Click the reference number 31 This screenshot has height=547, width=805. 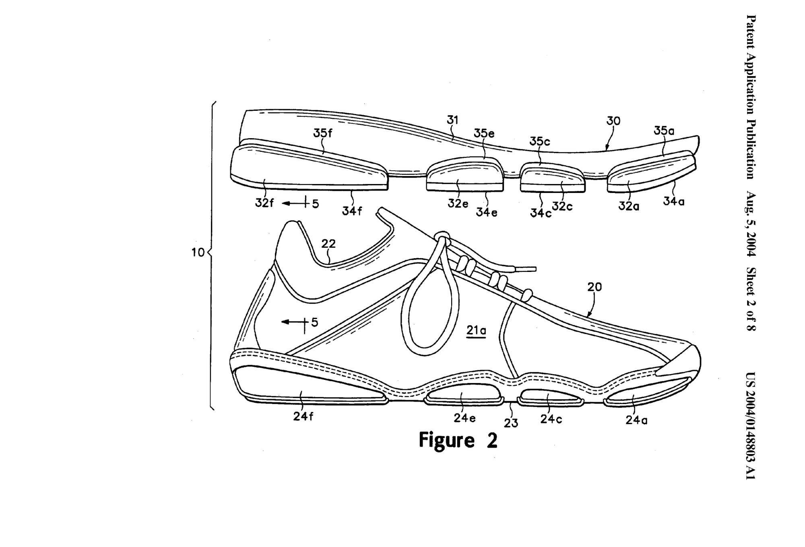(x=453, y=120)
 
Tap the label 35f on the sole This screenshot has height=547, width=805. (x=323, y=133)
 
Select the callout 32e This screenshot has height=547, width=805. (x=458, y=204)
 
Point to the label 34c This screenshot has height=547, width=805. (x=541, y=213)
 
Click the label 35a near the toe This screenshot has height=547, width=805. (x=664, y=131)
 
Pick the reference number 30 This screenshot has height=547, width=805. (x=613, y=121)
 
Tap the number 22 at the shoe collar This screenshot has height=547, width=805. (x=328, y=244)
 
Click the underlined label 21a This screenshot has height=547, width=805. (x=476, y=331)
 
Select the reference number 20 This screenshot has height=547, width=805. (x=594, y=287)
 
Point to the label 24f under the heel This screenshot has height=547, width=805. (x=303, y=416)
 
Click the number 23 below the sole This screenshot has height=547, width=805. (x=511, y=423)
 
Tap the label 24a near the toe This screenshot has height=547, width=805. (x=636, y=420)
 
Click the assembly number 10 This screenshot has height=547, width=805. (x=198, y=253)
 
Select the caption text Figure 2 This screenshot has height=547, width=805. (x=458, y=440)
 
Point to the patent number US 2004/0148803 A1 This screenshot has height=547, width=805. (x=751, y=425)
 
